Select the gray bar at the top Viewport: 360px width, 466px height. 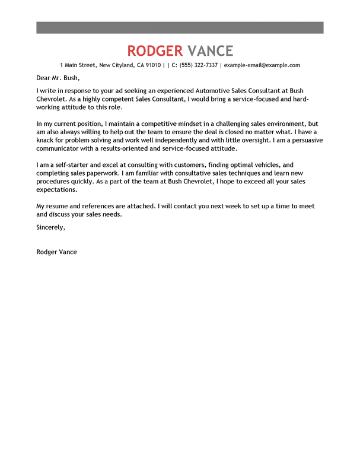[x=180, y=27]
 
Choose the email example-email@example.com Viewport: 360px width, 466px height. [x=262, y=65]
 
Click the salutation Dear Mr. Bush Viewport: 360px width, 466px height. [x=58, y=78]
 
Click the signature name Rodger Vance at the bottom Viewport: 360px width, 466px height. [x=56, y=252]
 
